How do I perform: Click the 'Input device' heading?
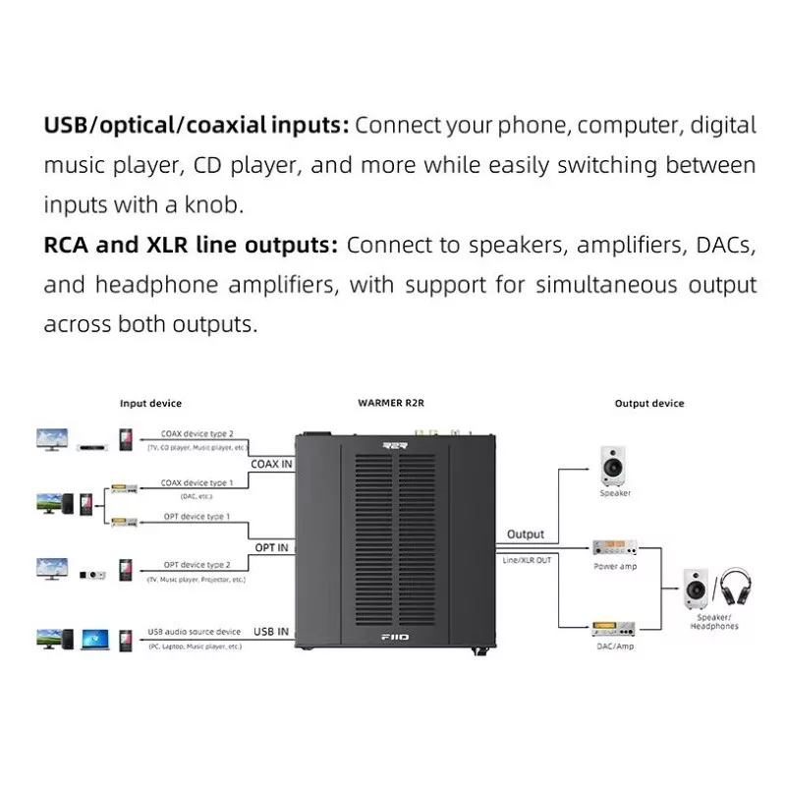tap(150, 404)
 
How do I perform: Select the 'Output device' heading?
tap(648, 404)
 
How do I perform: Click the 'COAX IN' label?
tap(271, 463)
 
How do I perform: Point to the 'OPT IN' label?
tap(272, 546)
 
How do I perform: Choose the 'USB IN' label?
tap(271, 632)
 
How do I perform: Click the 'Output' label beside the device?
tap(526, 534)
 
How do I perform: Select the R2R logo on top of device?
tap(393, 445)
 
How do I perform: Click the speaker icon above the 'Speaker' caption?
tap(615, 465)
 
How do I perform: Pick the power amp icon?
tap(615, 547)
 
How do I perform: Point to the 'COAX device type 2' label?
tap(197, 432)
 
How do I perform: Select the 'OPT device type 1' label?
tap(196, 516)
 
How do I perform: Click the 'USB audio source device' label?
tap(196, 632)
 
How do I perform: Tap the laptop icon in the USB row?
tap(94, 639)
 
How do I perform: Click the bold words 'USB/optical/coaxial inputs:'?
tap(196, 126)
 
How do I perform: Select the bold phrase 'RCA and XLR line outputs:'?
tap(191, 246)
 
